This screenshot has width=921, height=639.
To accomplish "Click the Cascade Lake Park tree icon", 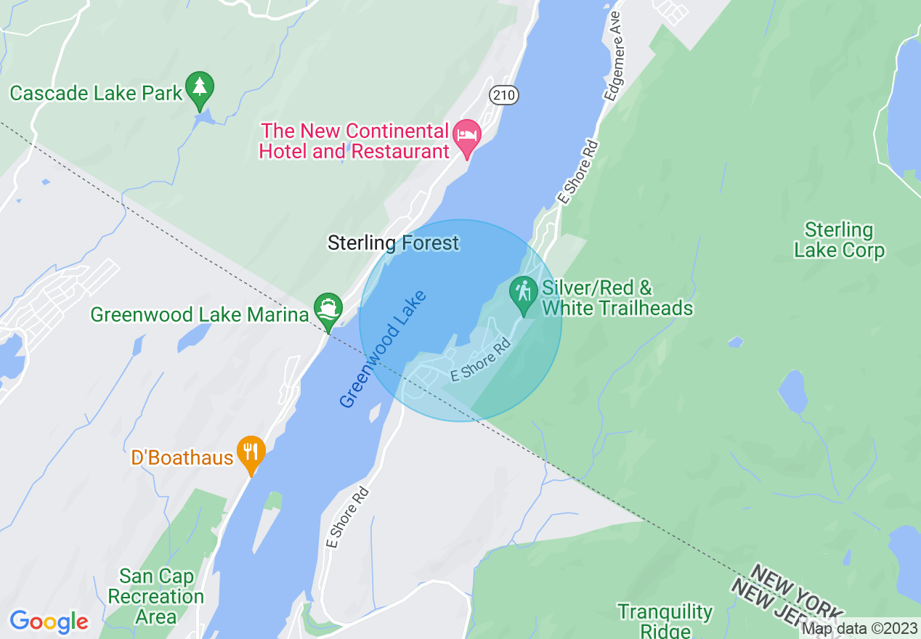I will pos(200,88).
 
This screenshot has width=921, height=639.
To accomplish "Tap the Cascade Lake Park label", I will pos(96,94).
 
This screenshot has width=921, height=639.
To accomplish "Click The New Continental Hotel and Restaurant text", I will pos(355,142).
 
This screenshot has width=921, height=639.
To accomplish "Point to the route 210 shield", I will pos(503,94).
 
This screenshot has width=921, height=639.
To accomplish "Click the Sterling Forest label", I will pos(393,243).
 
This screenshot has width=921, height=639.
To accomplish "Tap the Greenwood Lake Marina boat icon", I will pos(328,310).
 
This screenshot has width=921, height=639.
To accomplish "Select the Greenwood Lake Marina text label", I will pos(199,314).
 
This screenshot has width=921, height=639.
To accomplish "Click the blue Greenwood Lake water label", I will pos(382,349).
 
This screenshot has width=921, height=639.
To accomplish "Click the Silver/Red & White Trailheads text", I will pos(617,298).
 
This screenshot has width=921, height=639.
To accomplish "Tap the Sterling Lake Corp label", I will pos(839,241).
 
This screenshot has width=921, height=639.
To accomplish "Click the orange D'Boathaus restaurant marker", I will pos(251,453).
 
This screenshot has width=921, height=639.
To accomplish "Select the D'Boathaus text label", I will pos(182,457).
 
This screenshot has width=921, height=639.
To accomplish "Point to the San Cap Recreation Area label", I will pos(156,597).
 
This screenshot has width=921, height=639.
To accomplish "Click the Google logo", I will pos(49,622).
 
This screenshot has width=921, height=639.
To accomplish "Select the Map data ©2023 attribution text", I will pos(859,629).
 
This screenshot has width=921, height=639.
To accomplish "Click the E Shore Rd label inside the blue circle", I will pos(481,363).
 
